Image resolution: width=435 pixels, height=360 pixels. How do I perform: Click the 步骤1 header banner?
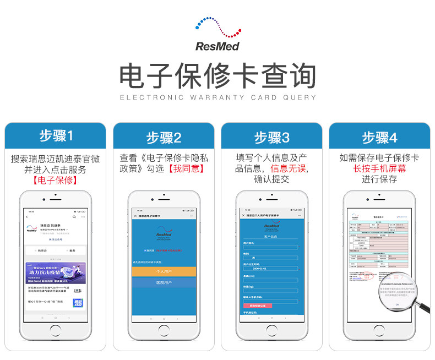55,135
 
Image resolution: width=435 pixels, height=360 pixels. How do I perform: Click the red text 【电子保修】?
55,180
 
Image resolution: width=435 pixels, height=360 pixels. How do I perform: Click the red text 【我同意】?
186,169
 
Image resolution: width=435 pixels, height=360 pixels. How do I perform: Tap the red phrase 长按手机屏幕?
379,168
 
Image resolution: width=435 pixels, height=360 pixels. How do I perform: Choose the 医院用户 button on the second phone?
163,282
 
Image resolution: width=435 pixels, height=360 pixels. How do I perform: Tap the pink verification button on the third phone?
261,305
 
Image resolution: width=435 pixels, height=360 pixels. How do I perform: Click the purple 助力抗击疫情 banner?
55,273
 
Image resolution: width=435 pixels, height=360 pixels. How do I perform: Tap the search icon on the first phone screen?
74,216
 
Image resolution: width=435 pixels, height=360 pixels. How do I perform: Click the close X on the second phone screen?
135,216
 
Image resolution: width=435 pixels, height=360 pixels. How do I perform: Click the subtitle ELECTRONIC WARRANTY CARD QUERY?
218,97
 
